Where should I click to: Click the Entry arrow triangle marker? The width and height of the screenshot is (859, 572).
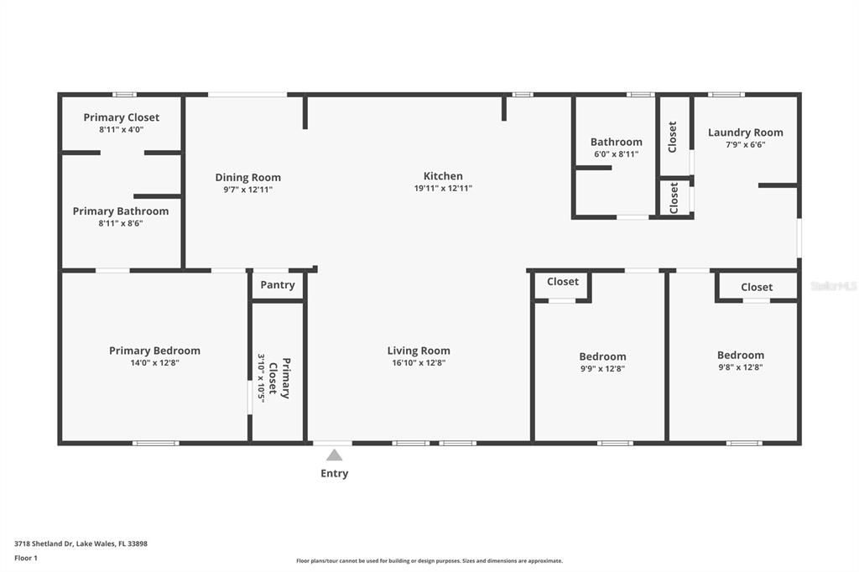[x=334, y=455]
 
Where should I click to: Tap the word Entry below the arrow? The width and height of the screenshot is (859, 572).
[x=334, y=473]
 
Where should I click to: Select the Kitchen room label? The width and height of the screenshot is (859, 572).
[x=443, y=176]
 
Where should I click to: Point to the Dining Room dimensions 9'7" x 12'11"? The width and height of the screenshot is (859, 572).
[x=248, y=190]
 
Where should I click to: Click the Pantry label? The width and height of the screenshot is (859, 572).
[x=278, y=285]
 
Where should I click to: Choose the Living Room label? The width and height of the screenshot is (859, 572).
[x=419, y=351]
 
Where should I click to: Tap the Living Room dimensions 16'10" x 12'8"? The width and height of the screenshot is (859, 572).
[x=419, y=363]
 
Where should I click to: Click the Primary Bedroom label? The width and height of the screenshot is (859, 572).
[x=154, y=351]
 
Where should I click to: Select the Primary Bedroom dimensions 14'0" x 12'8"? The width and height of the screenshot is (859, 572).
[x=154, y=363]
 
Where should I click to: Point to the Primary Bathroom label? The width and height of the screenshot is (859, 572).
[x=121, y=211]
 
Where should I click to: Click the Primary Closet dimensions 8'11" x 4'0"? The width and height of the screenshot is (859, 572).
[x=122, y=130]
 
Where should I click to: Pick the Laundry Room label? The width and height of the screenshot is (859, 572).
[x=745, y=133]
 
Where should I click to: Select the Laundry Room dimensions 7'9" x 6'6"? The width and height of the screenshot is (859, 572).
[x=745, y=144]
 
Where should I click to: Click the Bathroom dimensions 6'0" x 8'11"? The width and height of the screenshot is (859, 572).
[x=616, y=154]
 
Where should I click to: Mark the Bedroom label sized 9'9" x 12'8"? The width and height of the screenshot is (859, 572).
[x=602, y=356]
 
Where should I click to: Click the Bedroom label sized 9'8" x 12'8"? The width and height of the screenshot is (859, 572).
[x=740, y=355]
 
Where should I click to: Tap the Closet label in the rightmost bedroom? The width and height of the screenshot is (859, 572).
[x=757, y=287]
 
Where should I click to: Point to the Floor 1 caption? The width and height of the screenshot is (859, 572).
[x=26, y=558]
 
